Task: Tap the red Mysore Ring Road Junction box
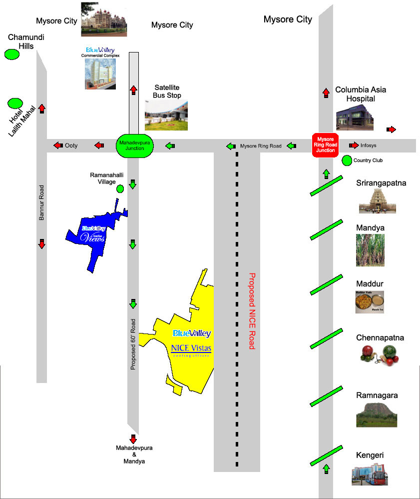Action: coord(326,145)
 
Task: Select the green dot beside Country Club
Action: coord(347,160)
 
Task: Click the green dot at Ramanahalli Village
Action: coord(120,188)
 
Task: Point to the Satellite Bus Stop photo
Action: coord(166,115)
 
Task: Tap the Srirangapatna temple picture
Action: coord(377,201)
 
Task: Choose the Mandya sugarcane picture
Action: coord(370,249)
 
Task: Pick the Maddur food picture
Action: coord(370,302)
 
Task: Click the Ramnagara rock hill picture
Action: coord(377,414)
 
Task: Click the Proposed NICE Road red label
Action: coord(252,311)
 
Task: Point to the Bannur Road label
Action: coord(42,202)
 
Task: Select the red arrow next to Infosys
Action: coord(354,145)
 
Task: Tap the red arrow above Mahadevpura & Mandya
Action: coord(133,439)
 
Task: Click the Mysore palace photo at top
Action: coord(104,19)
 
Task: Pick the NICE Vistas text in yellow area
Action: coord(191,348)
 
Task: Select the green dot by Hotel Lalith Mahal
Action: coord(15,103)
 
